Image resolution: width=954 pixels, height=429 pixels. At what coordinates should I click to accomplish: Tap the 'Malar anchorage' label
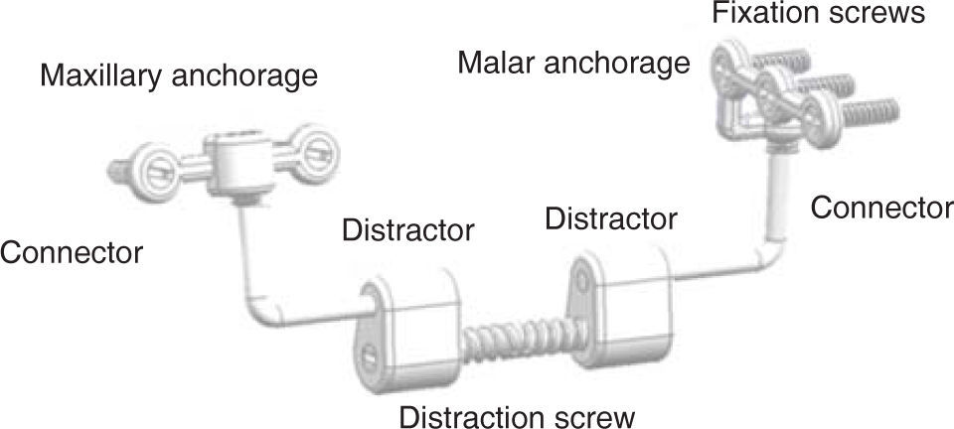pos(573,63)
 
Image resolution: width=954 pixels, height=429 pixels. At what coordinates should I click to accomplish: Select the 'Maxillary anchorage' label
pos(179,75)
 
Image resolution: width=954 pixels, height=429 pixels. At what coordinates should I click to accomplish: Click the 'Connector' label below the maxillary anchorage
pos(72,252)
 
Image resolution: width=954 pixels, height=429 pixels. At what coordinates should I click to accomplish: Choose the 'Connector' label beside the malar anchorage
pos(881,208)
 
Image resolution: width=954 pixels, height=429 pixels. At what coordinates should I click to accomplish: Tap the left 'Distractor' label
pos(407,231)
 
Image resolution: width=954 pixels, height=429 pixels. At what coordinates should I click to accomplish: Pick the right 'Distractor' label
pos(611,217)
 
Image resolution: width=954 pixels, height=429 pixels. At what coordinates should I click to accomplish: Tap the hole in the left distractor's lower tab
pos(372,353)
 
